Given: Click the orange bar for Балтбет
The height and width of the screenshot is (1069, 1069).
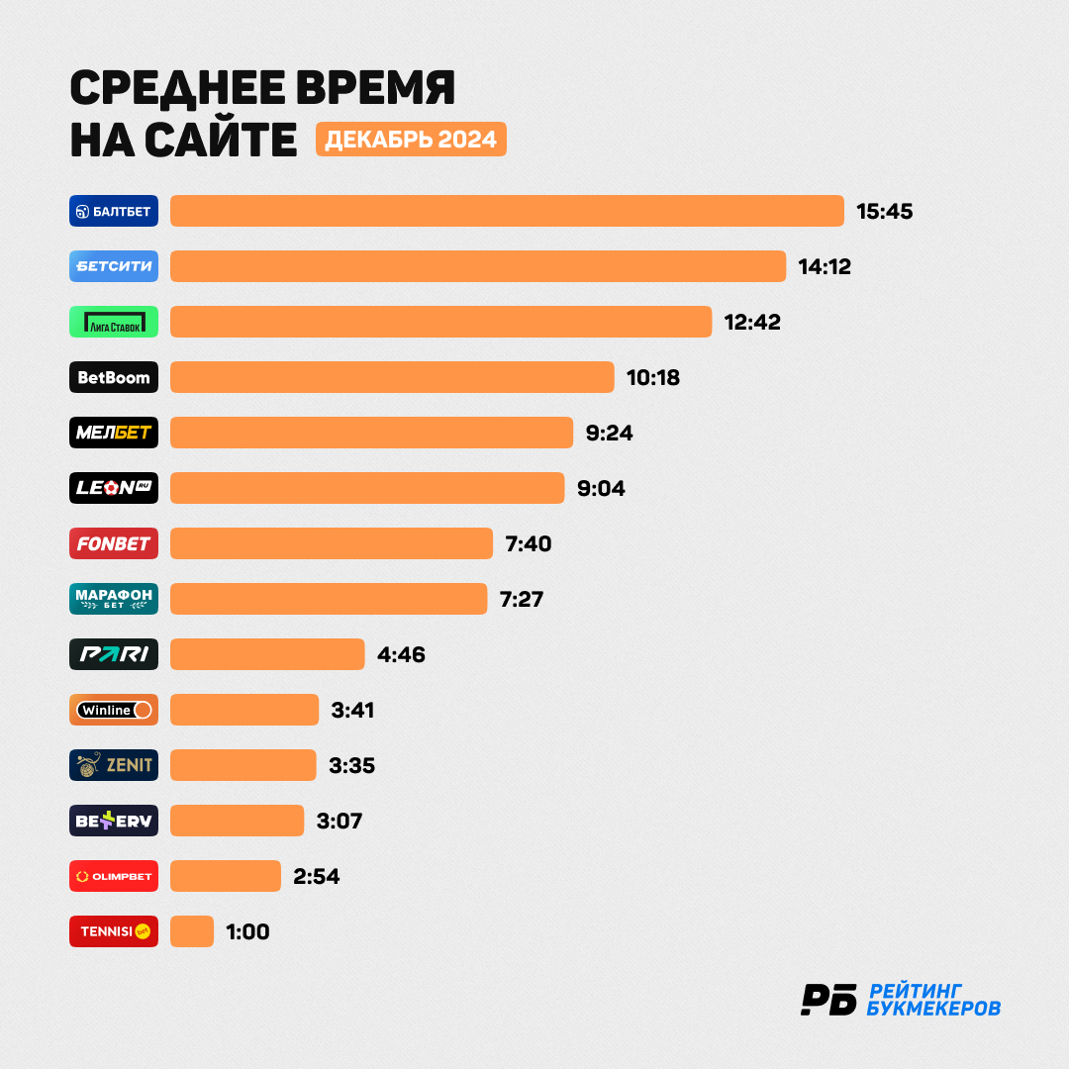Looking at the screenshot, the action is click(x=507, y=211).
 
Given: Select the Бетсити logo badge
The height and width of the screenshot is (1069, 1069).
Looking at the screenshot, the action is click(x=114, y=266).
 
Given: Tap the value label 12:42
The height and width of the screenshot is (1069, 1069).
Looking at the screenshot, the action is click(x=752, y=322).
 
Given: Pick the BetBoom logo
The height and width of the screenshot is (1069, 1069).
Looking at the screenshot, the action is click(x=114, y=377).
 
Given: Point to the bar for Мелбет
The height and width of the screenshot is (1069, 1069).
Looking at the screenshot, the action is click(x=371, y=433).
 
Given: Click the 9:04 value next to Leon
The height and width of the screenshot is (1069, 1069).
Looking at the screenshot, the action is click(x=601, y=488).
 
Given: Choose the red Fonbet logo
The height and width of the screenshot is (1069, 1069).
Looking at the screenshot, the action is click(x=114, y=543).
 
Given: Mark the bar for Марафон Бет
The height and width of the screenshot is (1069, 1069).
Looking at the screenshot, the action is click(x=329, y=599).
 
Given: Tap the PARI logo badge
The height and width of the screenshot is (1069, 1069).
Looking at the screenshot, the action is click(x=114, y=654).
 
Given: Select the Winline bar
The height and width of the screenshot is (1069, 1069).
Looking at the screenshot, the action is click(x=244, y=710).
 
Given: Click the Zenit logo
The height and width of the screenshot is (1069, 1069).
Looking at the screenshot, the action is click(x=114, y=765).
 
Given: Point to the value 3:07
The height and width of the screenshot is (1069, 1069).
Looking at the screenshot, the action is click(x=339, y=821).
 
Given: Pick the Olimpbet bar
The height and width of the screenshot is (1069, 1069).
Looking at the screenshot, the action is click(x=226, y=876).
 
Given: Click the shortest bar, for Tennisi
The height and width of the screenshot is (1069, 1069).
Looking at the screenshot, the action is click(x=192, y=931).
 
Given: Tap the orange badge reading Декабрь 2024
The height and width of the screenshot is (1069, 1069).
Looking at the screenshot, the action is click(x=411, y=140).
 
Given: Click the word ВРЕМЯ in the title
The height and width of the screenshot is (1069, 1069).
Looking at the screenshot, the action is click(x=375, y=88).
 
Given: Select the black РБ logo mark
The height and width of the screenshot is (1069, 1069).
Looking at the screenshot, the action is click(x=828, y=1000).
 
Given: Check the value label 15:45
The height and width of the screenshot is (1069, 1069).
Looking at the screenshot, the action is click(x=884, y=212).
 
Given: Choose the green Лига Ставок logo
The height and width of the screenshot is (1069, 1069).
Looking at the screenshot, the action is click(x=114, y=322).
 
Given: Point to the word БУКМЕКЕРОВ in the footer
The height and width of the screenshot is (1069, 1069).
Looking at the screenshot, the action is click(x=933, y=1009).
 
